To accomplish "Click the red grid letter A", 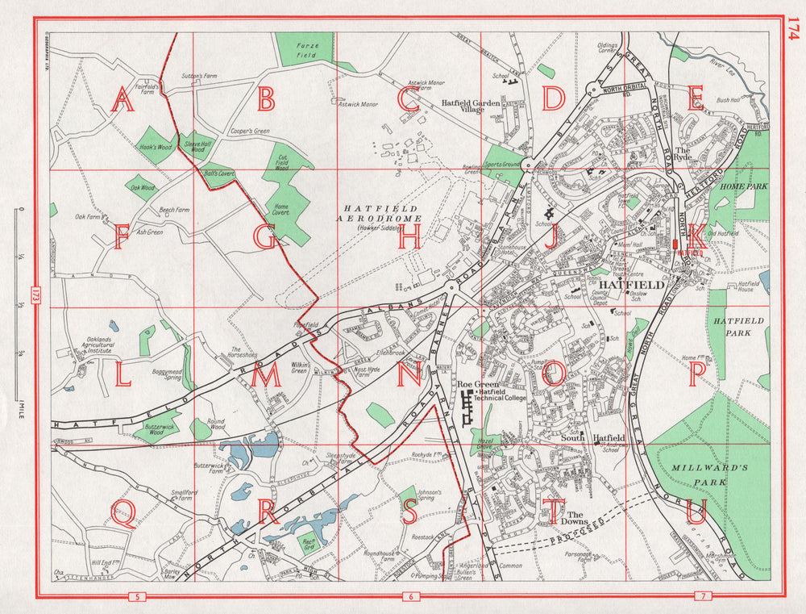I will pos(123,100).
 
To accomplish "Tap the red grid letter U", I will pos(697,511).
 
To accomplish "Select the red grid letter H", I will pos(409,236).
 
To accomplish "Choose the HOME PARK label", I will pos(744,186).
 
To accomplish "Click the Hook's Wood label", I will pos(155,148).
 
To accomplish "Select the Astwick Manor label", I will pos(359,104).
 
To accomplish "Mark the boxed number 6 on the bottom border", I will pos(411,597).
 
